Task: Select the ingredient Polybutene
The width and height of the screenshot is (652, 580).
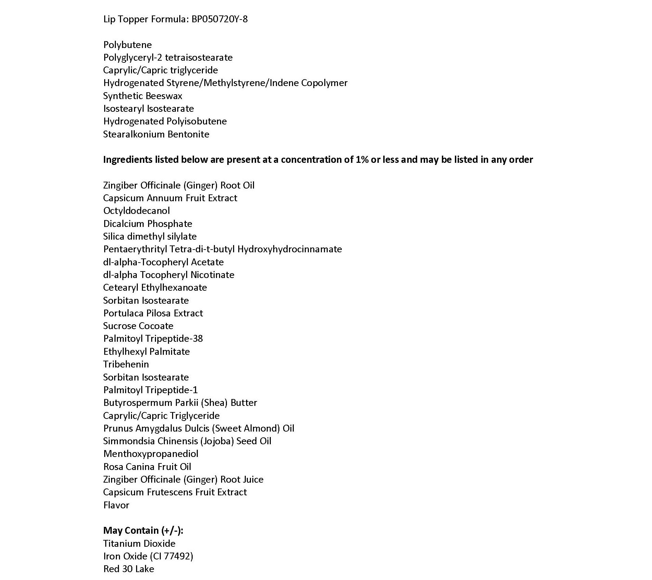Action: click(x=128, y=45)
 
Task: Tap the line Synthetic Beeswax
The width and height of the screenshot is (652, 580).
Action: click(x=143, y=96)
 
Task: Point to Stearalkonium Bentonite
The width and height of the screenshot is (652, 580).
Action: click(x=156, y=134)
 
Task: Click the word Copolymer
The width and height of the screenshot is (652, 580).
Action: click(x=324, y=83)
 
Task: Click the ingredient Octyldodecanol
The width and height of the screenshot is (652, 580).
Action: click(x=136, y=211)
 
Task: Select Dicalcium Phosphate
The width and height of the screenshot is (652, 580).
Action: click(x=148, y=224)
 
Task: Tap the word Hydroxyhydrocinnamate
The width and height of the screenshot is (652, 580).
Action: click(x=290, y=249)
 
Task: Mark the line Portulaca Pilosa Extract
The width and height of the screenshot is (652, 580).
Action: click(x=153, y=313)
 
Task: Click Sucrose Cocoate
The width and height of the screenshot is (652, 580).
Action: click(x=138, y=326)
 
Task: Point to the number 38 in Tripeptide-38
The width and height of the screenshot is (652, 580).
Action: click(x=198, y=339)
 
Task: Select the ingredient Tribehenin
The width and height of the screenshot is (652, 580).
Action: click(x=126, y=364)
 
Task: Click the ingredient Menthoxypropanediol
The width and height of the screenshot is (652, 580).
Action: click(x=151, y=454)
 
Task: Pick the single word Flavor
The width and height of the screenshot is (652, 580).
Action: click(x=116, y=505)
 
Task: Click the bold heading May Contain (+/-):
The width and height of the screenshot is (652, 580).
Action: click(x=143, y=531)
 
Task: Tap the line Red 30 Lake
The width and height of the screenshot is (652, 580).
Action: click(x=129, y=569)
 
